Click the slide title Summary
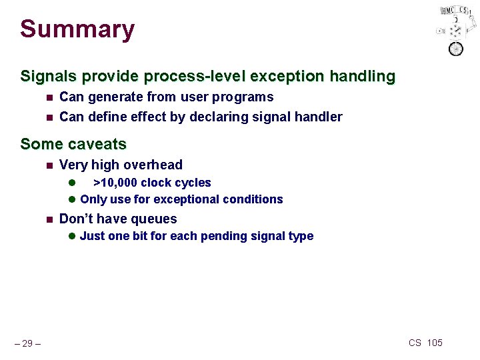point(77,29)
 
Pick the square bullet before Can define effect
point(48,118)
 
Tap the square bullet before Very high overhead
point(48,165)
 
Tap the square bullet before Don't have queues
point(48,219)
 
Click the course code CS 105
point(425,343)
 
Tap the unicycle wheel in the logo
point(456,48)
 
